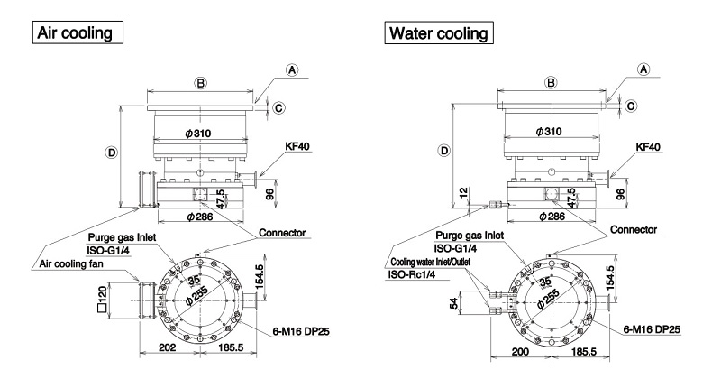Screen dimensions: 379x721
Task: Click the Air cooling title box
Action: [77, 34]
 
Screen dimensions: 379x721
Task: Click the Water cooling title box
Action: [438, 34]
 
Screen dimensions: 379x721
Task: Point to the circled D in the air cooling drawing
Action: [111, 153]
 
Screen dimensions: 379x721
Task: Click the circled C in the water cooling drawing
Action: [631, 106]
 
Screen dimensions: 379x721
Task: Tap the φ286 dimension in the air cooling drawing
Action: [200, 217]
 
